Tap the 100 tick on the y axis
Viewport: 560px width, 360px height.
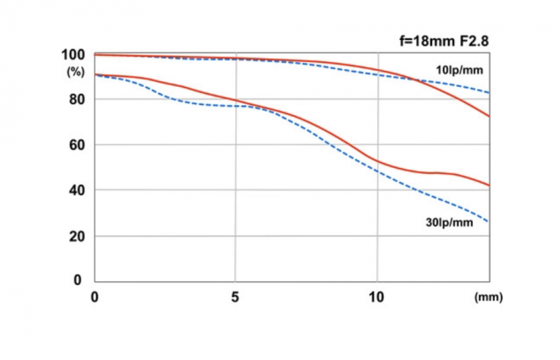click(x=73, y=55)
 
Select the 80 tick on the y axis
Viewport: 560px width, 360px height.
click(x=76, y=100)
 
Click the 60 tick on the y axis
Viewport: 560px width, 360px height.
click(x=76, y=145)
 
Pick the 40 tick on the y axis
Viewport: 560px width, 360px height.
click(x=76, y=191)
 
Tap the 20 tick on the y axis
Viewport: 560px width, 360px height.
click(x=76, y=236)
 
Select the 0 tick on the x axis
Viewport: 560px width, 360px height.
click(x=95, y=298)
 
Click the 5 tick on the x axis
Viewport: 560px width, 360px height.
click(x=235, y=298)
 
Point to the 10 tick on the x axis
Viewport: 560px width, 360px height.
click(x=376, y=298)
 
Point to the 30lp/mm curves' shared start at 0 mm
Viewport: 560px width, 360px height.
click(x=95, y=74)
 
